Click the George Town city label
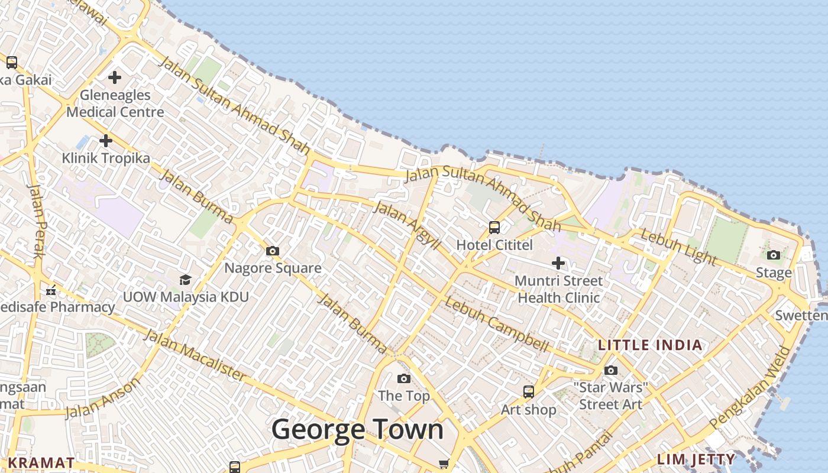pos(357,429)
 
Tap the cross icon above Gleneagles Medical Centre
pos(115,77)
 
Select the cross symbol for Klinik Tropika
pos(106,141)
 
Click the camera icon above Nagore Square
pos(273,251)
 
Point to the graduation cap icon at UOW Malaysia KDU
pos(186,279)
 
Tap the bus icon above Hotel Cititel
pos(494,228)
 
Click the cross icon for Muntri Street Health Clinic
pos(558,263)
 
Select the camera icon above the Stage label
pos(774,255)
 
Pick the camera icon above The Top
pos(404,378)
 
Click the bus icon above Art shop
pos(528,391)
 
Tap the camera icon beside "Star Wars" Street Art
pos(611,370)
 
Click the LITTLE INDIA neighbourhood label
pos(651,345)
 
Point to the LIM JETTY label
pos(697,459)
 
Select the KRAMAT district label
pos(41,462)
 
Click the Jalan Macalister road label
pos(195,355)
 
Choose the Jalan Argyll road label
pos(407,225)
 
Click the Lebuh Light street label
pos(679,247)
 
